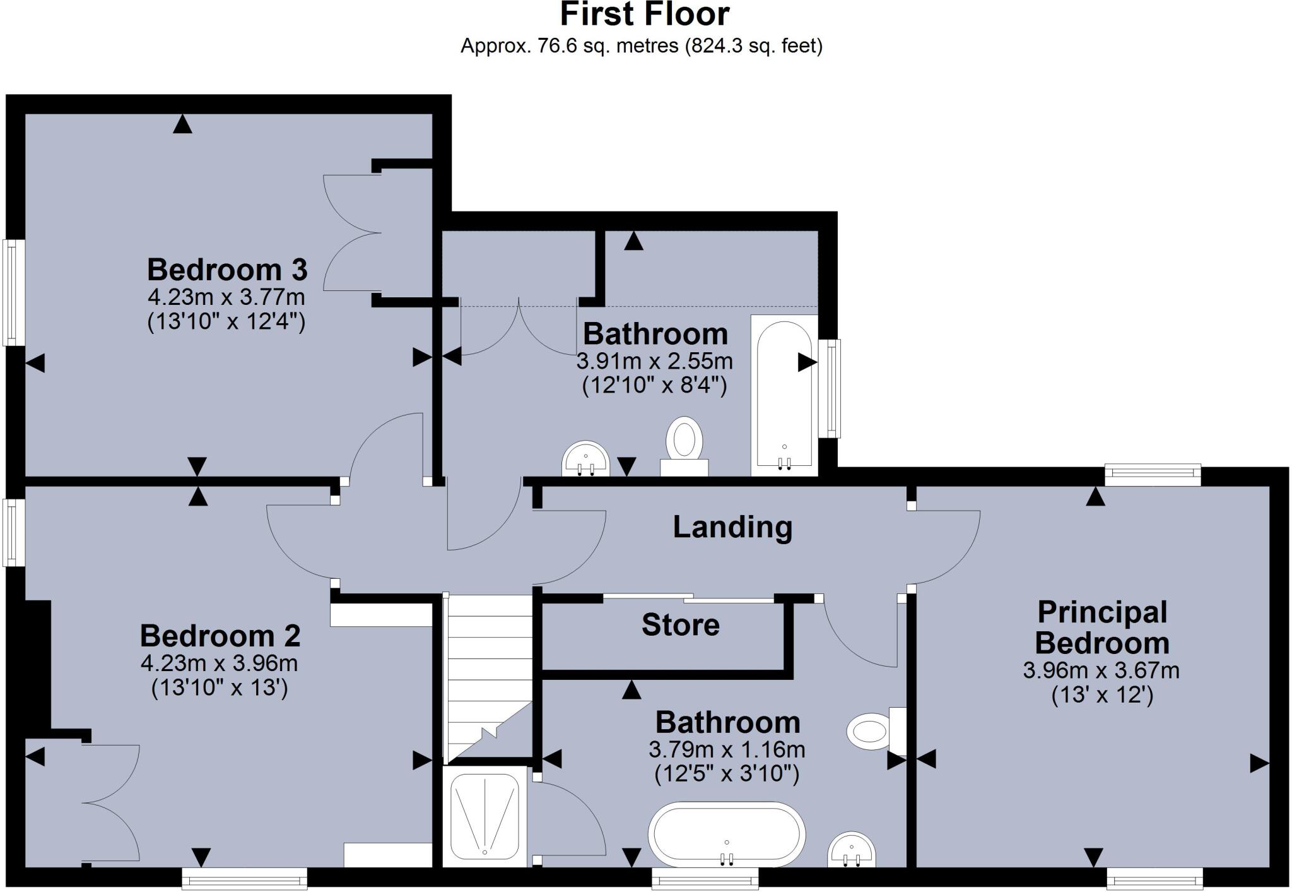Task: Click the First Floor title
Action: [x=644, y=15]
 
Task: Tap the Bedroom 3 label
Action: [x=227, y=270]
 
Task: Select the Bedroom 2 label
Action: [x=220, y=636]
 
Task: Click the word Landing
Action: [x=732, y=526]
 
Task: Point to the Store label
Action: [x=680, y=625]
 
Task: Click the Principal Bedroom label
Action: [x=1101, y=627]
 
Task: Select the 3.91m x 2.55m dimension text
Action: [x=654, y=362]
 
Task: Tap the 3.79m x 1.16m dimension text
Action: [x=727, y=750]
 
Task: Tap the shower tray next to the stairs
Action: [x=484, y=816]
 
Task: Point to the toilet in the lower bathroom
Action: [x=874, y=731]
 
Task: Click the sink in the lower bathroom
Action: [x=850, y=851]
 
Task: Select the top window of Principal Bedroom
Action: [x=1152, y=474]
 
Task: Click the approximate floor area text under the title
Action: [x=641, y=46]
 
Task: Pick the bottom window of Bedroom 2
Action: [x=244, y=878]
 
